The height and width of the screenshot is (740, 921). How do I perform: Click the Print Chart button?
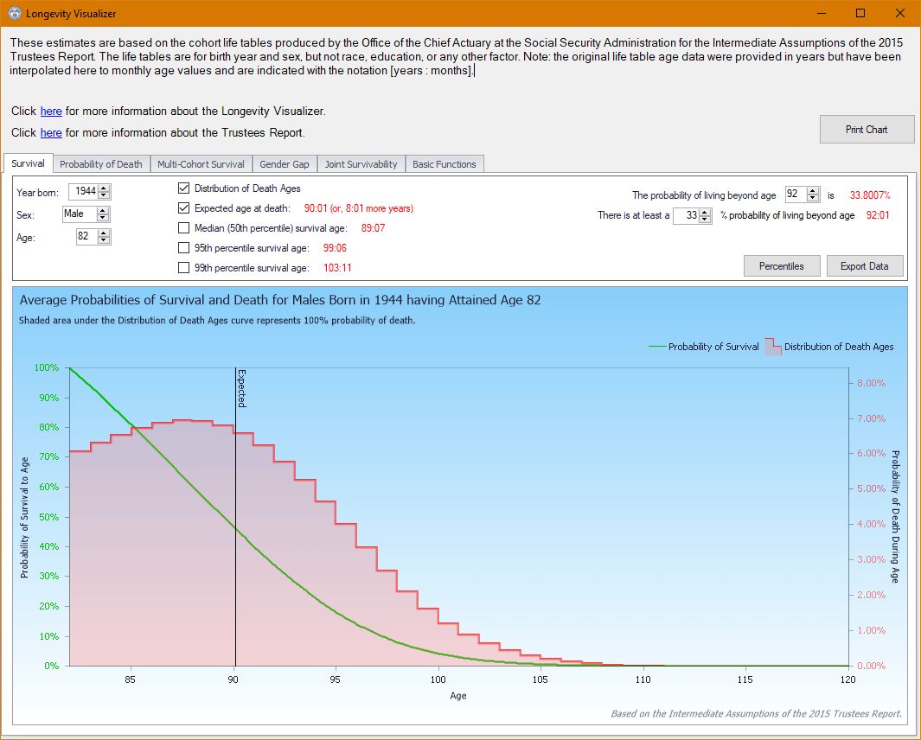click(x=867, y=129)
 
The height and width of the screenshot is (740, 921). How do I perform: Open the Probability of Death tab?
click(x=101, y=164)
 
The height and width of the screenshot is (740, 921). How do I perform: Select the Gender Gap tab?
click(x=285, y=164)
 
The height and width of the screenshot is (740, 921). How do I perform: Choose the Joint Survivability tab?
click(x=361, y=164)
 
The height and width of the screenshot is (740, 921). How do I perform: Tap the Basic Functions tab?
click(x=444, y=164)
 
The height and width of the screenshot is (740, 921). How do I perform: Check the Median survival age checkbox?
click(x=184, y=228)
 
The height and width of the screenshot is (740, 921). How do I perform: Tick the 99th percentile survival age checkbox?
click(x=184, y=268)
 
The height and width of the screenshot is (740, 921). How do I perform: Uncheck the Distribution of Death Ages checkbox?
click(x=184, y=188)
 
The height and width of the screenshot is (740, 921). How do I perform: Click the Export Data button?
click(x=865, y=266)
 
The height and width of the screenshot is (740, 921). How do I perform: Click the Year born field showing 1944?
click(x=86, y=191)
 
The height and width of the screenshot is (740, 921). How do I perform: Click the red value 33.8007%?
click(x=870, y=195)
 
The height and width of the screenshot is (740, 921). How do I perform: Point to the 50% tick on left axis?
click(x=49, y=517)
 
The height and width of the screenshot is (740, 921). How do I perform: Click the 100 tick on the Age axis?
click(x=438, y=679)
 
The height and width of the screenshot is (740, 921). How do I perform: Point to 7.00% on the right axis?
click(x=871, y=418)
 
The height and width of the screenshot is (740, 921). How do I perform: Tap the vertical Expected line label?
click(x=241, y=388)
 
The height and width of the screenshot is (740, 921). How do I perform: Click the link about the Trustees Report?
click(x=51, y=133)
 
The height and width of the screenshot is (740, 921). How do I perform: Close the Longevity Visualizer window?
click(x=900, y=13)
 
